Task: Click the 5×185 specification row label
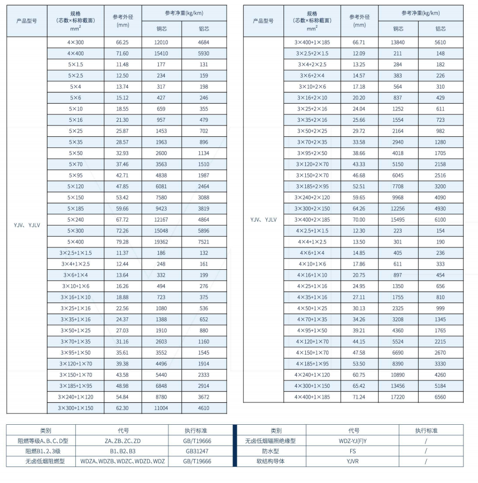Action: click(x=75, y=208)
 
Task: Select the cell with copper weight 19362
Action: click(x=161, y=241)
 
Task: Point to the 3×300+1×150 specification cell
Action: click(x=75, y=408)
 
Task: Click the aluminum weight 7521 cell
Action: click(x=204, y=241)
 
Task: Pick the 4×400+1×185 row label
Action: click(x=312, y=397)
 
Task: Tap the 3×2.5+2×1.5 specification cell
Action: click(x=312, y=53)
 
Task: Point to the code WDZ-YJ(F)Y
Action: click(x=352, y=441)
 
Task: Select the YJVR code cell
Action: click(x=352, y=461)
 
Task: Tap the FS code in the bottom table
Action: click(x=352, y=451)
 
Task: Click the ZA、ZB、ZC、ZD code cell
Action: click(x=122, y=441)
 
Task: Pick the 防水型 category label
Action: click(x=270, y=451)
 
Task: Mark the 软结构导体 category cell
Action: click(x=270, y=461)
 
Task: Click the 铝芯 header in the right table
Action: click(x=441, y=29)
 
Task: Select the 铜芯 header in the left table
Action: click(x=161, y=29)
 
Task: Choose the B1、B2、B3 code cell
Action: click(x=122, y=451)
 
